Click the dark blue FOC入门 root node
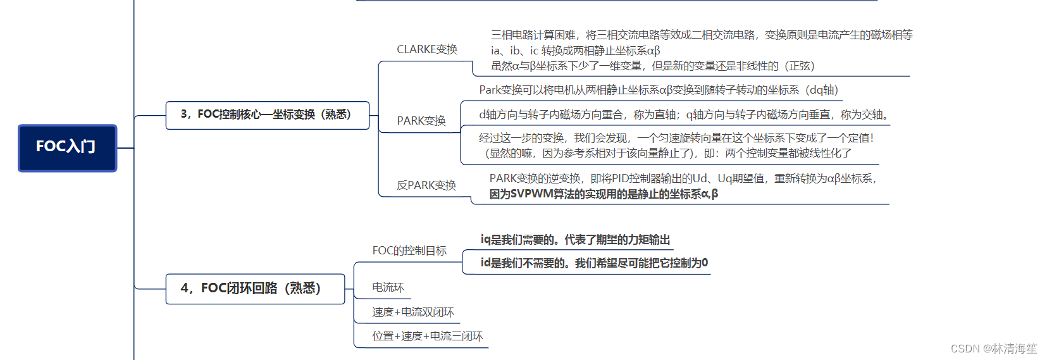(67, 147)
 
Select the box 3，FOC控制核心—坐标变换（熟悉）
(267, 115)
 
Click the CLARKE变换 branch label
(427, 49)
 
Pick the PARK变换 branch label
(421, 121)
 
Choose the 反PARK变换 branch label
(426, 185)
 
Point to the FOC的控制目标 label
(409, 251)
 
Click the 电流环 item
(388, 288)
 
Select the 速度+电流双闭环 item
(412, 313)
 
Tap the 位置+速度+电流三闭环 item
(427, 337)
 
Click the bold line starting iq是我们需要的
(575, 240)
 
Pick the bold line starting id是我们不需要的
(594, 263)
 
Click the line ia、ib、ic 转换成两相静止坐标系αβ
(575, 51)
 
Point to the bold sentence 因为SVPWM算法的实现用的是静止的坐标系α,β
(604, 194)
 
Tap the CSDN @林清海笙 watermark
(993, 349)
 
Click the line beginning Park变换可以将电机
(658, 90)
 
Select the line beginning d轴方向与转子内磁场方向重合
(685, 115)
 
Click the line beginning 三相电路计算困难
(702, 35)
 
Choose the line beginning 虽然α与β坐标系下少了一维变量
(652, 66)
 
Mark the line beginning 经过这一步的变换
(676, 138)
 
